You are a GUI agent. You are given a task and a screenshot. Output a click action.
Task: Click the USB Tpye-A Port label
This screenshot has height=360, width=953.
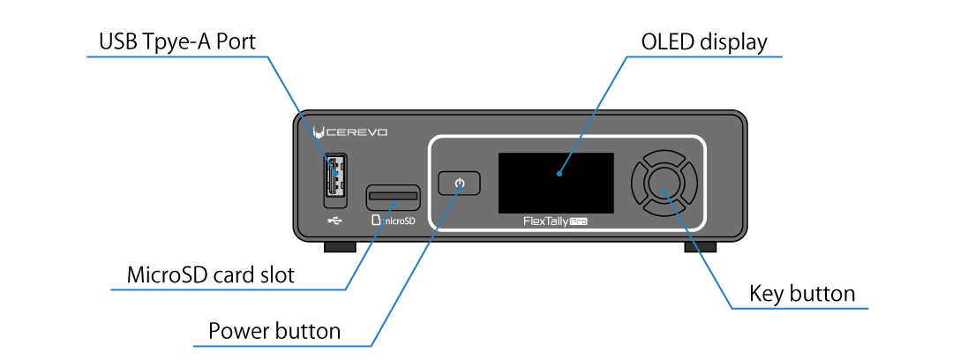176,41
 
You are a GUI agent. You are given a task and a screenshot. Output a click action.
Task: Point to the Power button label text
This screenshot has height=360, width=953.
274,331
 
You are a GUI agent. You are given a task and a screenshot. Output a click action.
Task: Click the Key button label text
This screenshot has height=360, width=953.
801,293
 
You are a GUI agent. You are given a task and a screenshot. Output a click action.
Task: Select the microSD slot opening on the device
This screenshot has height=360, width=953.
393,193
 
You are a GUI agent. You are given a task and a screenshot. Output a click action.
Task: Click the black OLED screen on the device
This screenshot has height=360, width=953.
555,182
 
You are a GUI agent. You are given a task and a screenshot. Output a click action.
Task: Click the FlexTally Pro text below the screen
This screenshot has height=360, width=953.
555,222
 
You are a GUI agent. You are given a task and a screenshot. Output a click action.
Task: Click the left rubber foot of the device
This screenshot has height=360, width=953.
339,246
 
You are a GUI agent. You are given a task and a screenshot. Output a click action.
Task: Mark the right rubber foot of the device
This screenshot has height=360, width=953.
701,246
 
